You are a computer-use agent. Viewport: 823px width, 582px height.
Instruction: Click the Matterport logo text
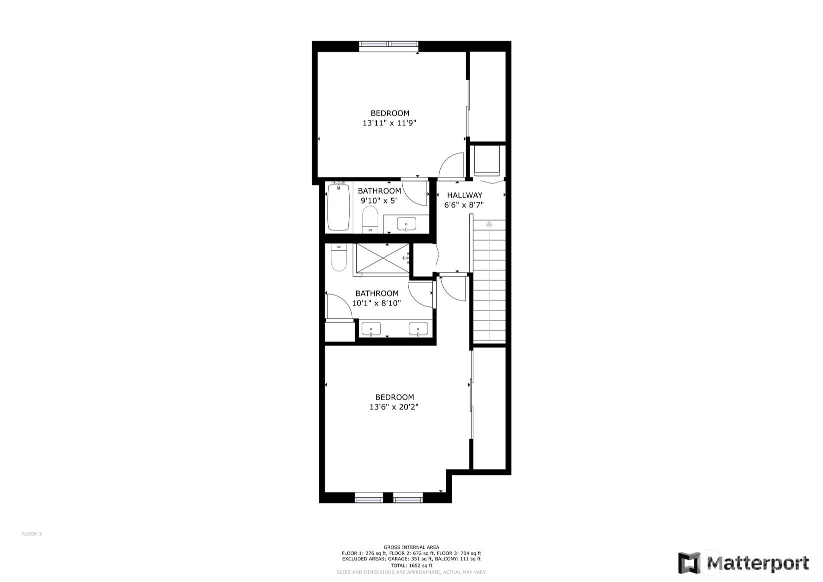[758, 563]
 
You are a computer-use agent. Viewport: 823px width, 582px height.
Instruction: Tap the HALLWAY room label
[464, 195]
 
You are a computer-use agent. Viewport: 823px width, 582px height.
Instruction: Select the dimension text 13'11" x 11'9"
[389, 123]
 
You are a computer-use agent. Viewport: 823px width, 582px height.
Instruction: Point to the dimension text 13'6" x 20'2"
[394, 407]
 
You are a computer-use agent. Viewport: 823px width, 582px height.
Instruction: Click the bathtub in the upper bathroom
[338, 206]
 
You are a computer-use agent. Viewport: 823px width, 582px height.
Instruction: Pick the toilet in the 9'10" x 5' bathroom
[370, 219]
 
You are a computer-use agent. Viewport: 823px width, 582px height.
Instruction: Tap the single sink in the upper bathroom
[406, 223]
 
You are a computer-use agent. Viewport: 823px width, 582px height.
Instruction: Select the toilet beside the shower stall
[339, 257]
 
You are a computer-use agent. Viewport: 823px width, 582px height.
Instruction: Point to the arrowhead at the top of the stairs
[489, 223]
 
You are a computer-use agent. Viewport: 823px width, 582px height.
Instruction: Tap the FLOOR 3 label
[31, 534]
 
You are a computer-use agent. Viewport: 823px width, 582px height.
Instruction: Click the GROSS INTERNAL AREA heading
[411, 547]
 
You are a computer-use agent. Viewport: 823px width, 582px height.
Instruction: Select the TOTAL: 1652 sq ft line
[411, 565]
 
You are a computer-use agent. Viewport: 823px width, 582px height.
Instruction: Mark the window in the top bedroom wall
[389, 44]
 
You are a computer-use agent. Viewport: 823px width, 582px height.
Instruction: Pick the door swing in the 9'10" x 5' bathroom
[412, 195]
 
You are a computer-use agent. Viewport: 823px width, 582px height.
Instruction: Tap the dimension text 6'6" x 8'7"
[464, 205]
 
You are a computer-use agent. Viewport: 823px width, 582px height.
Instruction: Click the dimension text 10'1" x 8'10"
[377, 303]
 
